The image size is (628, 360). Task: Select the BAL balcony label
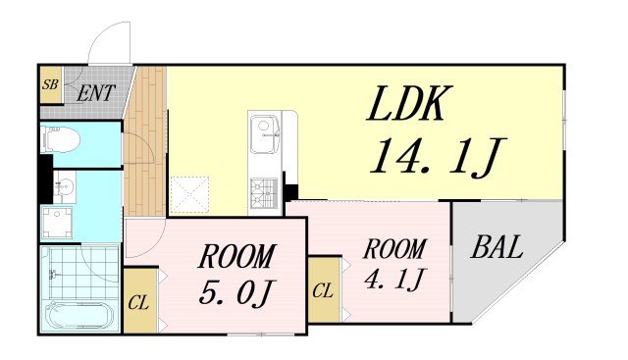click(x=497, y=247)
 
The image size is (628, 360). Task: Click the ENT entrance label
click(x=96, y=93)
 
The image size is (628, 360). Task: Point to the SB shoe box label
click(x=50, y=85)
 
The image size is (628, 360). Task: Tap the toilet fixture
click(x=61, y=141)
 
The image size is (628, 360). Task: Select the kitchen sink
click(x=264, y=131)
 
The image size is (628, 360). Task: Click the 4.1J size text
click(x=392, y=280)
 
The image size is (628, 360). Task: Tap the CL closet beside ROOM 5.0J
click(x=138, y=301)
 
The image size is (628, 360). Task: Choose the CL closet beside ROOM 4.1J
click(x=323, y=290)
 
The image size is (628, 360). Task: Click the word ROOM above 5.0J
click(x=235, y=257)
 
